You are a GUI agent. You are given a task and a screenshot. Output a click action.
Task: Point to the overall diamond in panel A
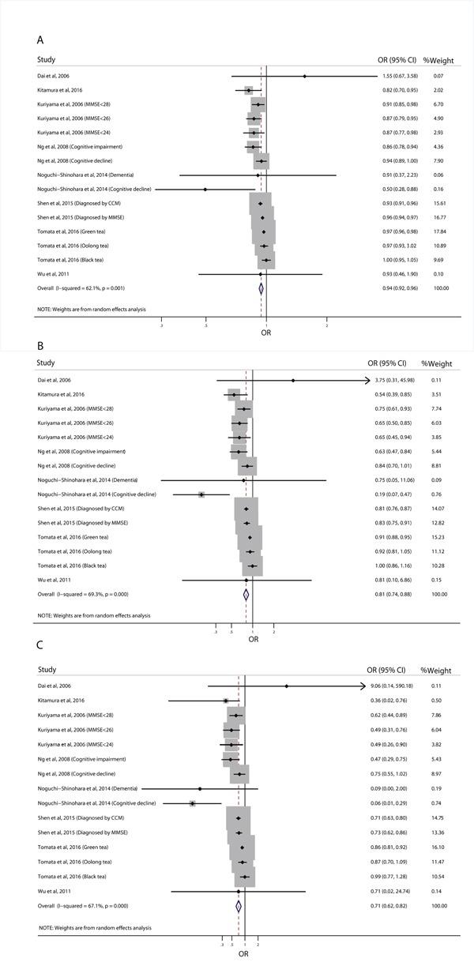click(261, 288)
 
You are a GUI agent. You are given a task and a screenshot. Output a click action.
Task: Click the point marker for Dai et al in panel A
click(305, 77)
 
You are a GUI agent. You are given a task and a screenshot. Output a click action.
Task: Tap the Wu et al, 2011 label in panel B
click(55, 581)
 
